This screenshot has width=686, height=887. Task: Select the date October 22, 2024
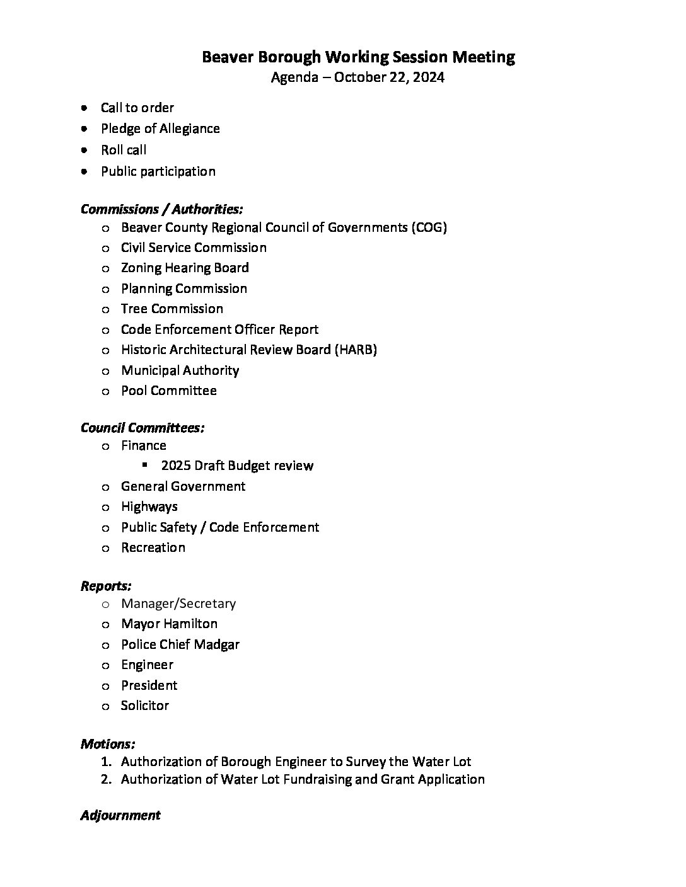389,77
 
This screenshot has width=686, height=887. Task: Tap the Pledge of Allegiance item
160,129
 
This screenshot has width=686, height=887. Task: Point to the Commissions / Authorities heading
161,209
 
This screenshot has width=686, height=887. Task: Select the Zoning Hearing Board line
185,268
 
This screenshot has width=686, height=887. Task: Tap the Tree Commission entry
171,309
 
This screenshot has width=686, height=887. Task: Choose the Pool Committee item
168,391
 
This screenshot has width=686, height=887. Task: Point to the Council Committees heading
142,428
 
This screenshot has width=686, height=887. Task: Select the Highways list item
149,506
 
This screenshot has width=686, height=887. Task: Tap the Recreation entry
153,547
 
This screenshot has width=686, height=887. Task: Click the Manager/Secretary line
178,604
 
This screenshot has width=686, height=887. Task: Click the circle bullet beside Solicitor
105,706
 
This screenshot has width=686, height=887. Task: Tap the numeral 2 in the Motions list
105,779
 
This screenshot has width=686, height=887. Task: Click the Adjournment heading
120,815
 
